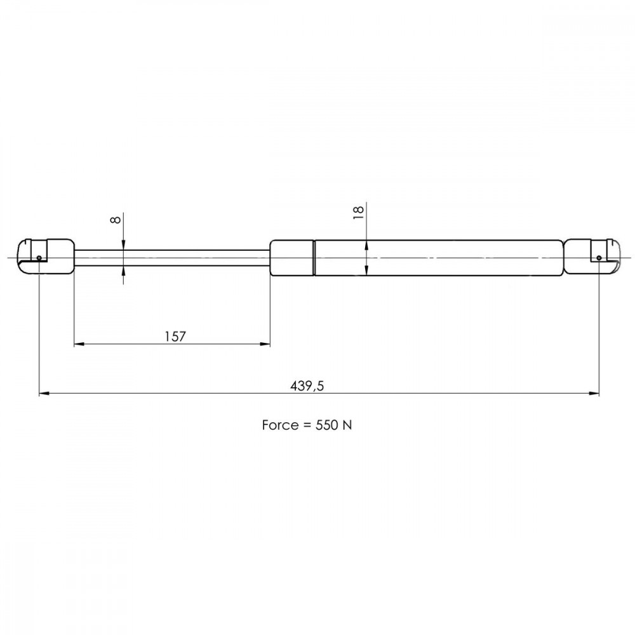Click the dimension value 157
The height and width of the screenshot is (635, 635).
pos(175,336)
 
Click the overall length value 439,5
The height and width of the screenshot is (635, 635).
pos(307,386)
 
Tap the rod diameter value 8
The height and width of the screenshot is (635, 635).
pos(116,220)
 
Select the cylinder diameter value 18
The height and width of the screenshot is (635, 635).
pos(358,212)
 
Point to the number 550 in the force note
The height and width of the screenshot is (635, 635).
pos(326,425)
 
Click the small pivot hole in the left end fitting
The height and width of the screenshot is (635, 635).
pos(39,258)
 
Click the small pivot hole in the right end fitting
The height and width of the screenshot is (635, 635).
pos(599,258)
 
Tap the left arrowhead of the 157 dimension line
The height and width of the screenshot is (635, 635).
pos(79,344)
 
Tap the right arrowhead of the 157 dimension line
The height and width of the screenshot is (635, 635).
pos(265,344)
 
